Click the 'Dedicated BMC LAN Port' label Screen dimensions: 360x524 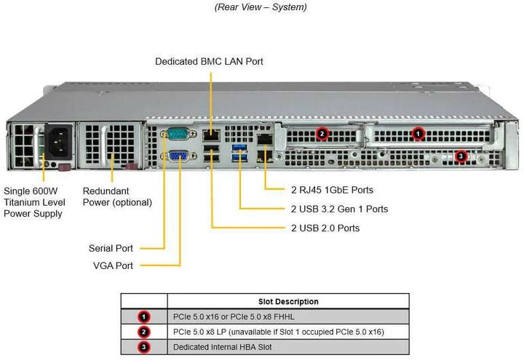click(x=209, y=62)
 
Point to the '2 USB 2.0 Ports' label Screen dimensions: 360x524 click(x=325, y=228)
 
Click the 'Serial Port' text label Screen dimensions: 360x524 click(x=111, y=247)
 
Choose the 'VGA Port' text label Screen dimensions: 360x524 click(x=113, y=265)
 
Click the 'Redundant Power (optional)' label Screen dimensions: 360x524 click(x=117, y=196)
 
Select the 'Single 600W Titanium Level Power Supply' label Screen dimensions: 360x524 click(x=34, y=201)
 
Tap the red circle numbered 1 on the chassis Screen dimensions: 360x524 click(x=418, y=133)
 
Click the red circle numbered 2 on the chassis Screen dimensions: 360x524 click(x=323, y=133)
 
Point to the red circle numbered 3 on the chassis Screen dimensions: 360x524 click(x=461, y=156)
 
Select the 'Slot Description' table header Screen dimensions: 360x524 click(x=287, y=301)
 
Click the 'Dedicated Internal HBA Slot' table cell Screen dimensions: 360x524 click(x=222, y=347)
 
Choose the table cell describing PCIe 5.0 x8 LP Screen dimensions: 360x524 click(x=278, y=332)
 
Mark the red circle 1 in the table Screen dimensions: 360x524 click(x=144, y=316)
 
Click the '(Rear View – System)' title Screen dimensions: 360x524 click(x=261, y=7)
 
